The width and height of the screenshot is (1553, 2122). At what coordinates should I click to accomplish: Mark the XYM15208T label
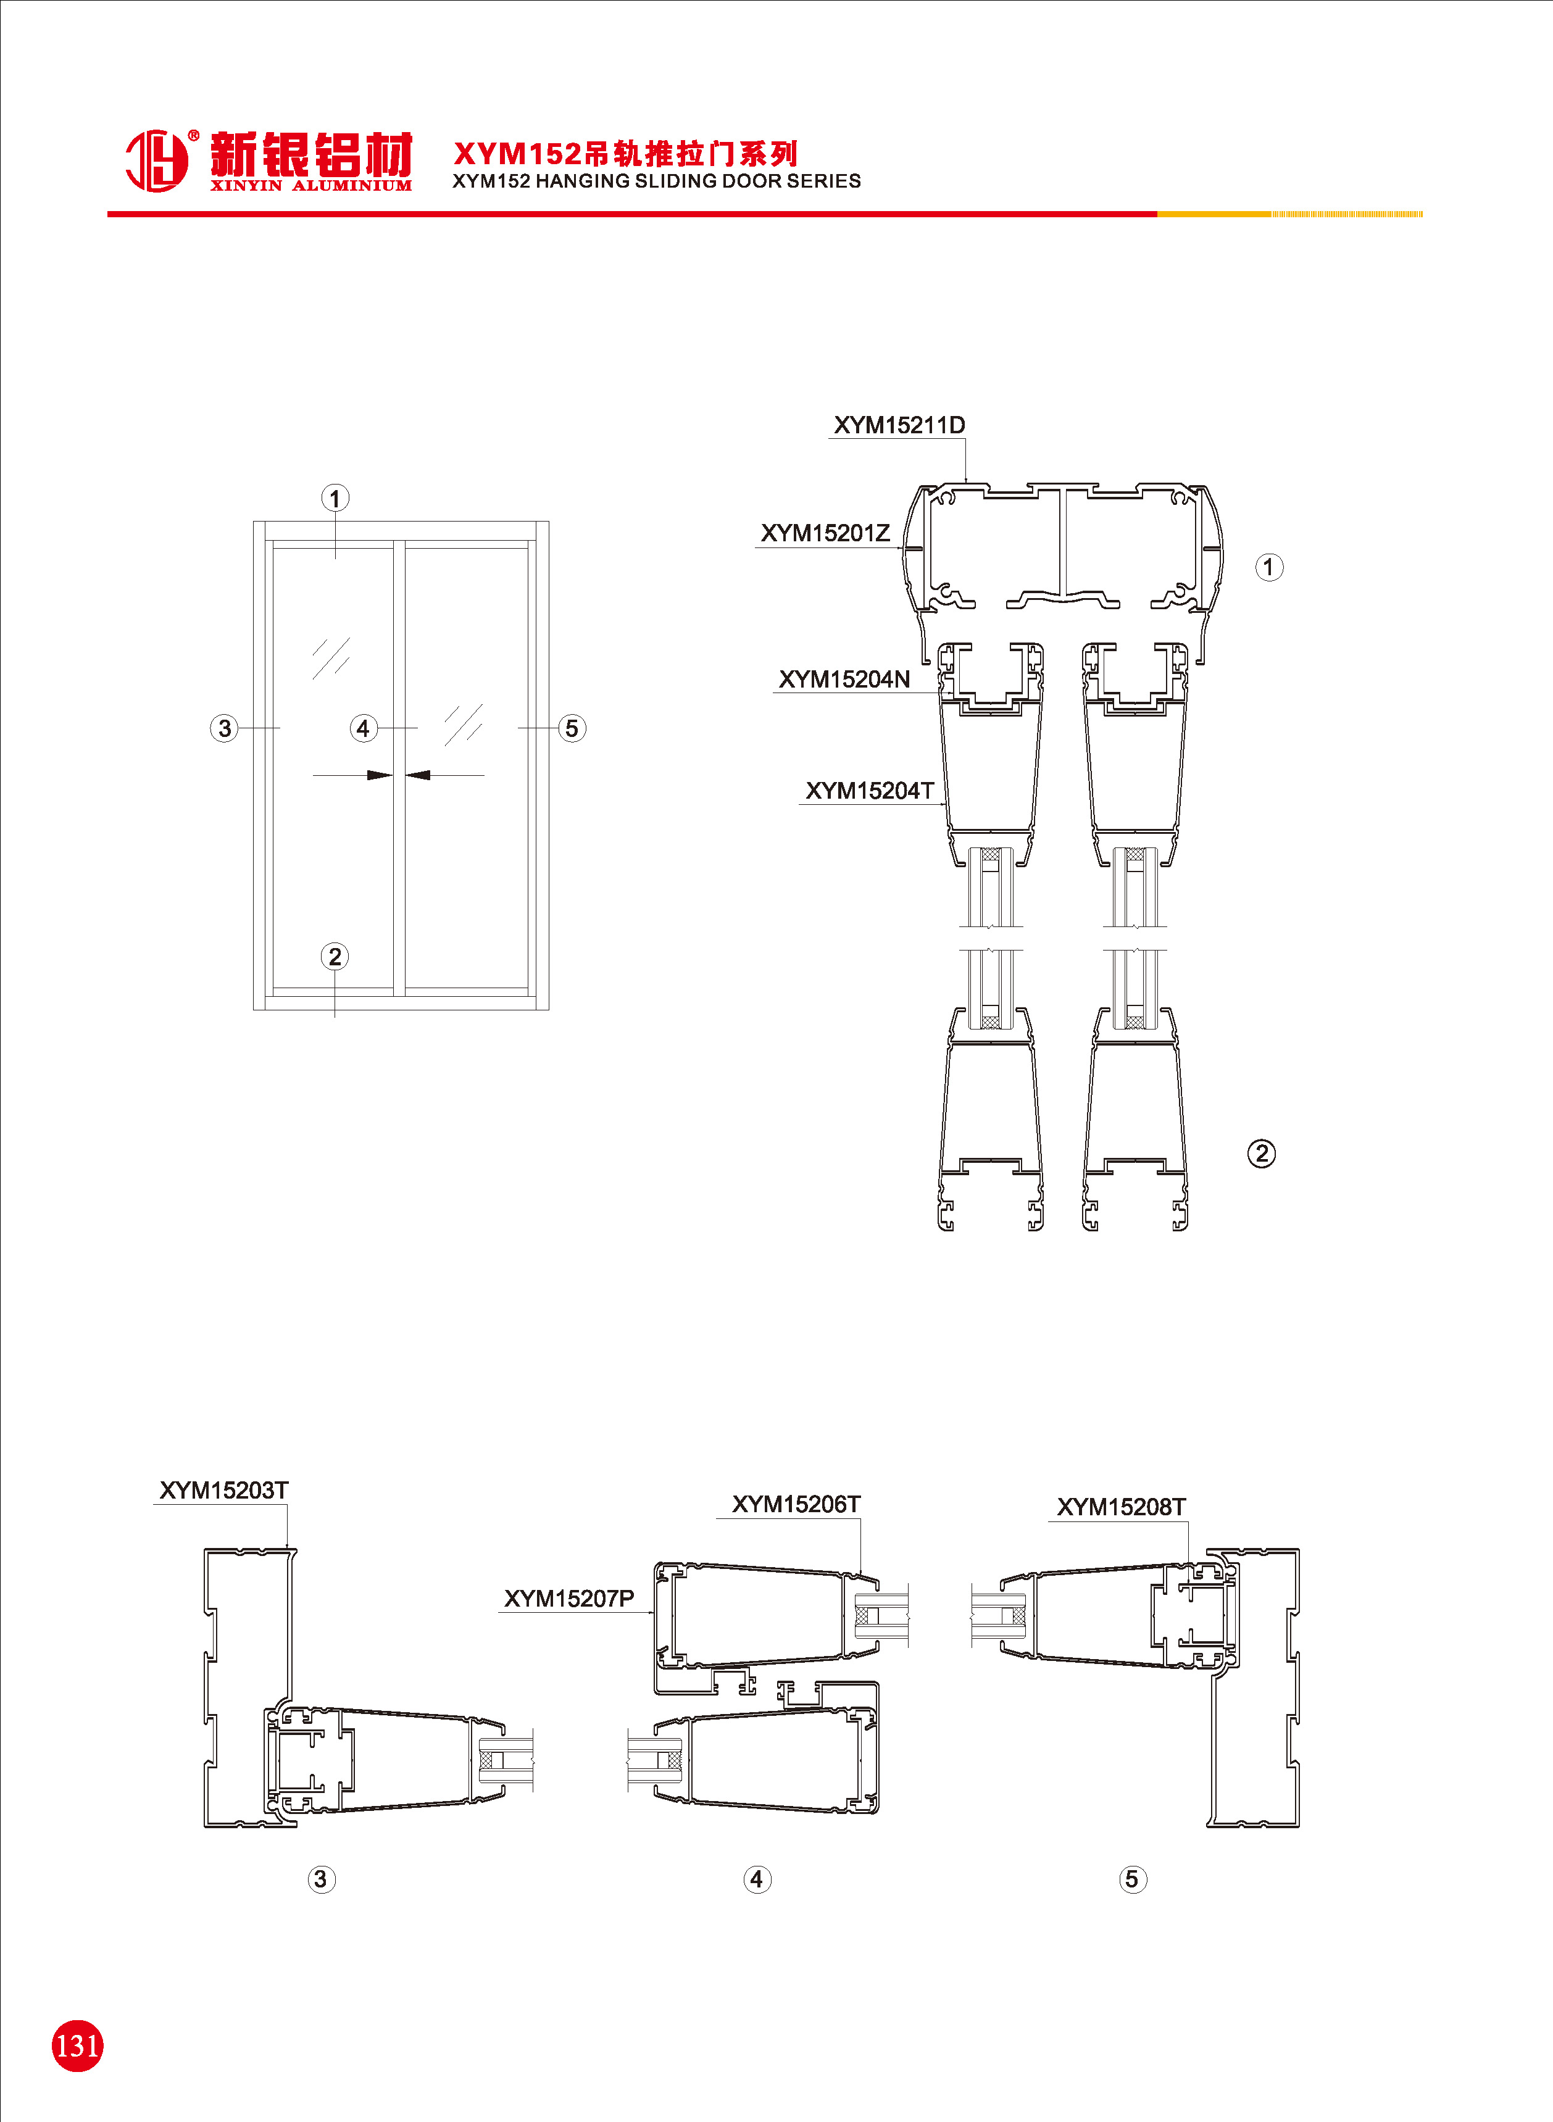(1122, 1507)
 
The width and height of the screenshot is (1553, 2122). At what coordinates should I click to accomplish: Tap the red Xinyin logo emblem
(157, 160)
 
